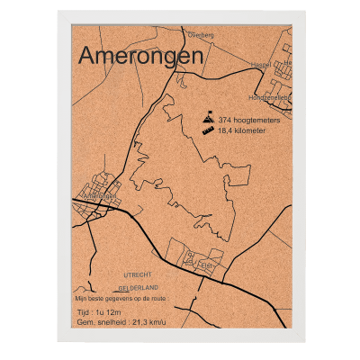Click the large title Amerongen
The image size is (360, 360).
[140, 55]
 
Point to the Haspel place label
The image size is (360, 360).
[260, 65]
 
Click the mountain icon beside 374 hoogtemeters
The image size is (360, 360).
[207, 119]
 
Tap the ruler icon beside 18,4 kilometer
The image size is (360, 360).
[207, 130]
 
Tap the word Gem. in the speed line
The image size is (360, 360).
[86, 321]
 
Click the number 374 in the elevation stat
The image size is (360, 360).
[225, 120]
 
